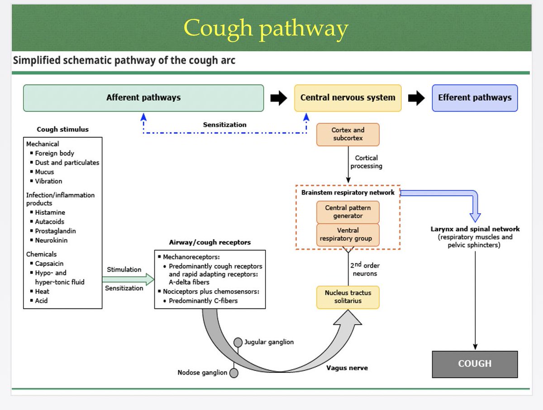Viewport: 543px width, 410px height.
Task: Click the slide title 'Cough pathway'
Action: click(x=266, y=28)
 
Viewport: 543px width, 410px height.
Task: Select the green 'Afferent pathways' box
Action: click(x=143, y=98)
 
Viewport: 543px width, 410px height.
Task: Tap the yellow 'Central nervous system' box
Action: click(x=348, y=98)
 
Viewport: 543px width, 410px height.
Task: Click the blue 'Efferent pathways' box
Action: click(x=475, y=98)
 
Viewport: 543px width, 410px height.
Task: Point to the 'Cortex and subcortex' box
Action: click(x=348, y=134)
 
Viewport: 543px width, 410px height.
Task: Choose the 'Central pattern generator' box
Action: click(x=348, y=212)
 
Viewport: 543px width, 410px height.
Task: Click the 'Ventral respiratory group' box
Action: click(x=348, y=235)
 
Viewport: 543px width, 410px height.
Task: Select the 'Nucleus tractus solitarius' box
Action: click(x=348, y=297)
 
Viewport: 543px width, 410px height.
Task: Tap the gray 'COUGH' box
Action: click(x=475, y=364)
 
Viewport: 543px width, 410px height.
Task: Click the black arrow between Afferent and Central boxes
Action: click(x=279, y=98)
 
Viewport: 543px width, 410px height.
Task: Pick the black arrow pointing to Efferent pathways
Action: click(x=416, y=98)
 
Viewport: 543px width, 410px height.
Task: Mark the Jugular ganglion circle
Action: click(x=238, y=342)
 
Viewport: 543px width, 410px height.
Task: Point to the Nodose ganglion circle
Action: click(x=234, y=373)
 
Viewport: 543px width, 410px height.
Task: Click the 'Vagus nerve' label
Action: click(x=347, y=368)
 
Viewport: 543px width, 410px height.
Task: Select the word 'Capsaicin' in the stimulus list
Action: click(x=49, y=263)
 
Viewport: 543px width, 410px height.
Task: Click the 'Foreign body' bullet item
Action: click(x=54, y=153)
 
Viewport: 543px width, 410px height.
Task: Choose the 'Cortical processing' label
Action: click(x=366, y=162)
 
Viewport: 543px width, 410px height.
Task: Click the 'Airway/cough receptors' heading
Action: click(x=210, y=242)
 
